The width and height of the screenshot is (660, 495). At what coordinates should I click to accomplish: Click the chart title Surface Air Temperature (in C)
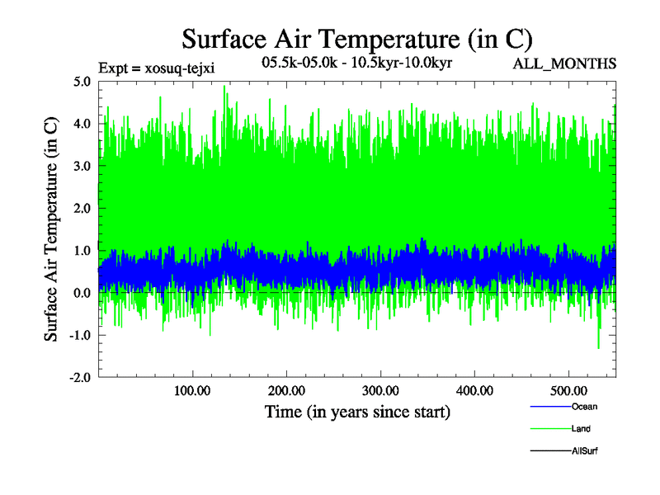pos(357,38)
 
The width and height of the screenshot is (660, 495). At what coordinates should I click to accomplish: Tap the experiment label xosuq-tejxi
pos(156,68)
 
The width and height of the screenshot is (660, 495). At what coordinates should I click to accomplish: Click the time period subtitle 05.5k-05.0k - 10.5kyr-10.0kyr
pos(356,63)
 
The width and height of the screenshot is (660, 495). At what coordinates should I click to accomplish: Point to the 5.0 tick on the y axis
pos(82,81)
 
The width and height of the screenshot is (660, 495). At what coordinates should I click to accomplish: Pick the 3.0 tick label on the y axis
pos(82,165)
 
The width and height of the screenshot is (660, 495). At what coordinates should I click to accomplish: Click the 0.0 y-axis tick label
pos(82,293)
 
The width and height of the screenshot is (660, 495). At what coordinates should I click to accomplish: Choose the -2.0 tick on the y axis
pos(81,377)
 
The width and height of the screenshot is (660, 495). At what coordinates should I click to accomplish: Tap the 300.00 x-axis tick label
pos(381,390)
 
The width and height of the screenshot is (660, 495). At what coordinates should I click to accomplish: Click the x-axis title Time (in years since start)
pos(356,412)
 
